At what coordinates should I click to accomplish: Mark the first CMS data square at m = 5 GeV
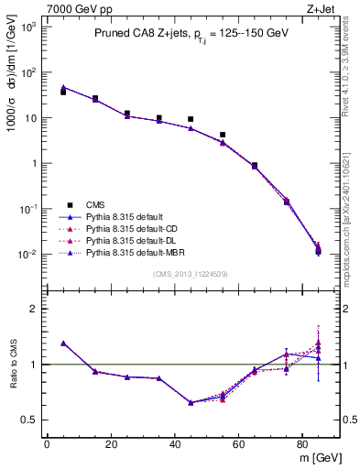[63, 92]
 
